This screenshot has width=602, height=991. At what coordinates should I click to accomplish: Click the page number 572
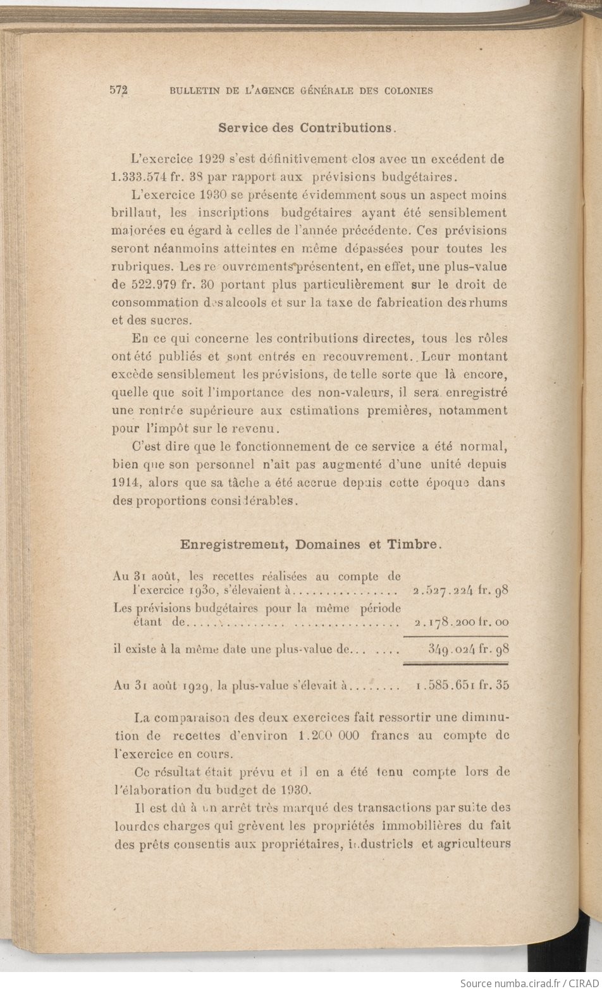click(119, 90)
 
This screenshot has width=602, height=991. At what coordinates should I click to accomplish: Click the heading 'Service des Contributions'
click(306, 128)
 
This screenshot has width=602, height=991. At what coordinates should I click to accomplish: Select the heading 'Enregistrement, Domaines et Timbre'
click(310, 544)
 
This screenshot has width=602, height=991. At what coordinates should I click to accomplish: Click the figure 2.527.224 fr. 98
click(460, 591)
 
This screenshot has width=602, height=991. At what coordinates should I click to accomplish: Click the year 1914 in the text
click(125, 482)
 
